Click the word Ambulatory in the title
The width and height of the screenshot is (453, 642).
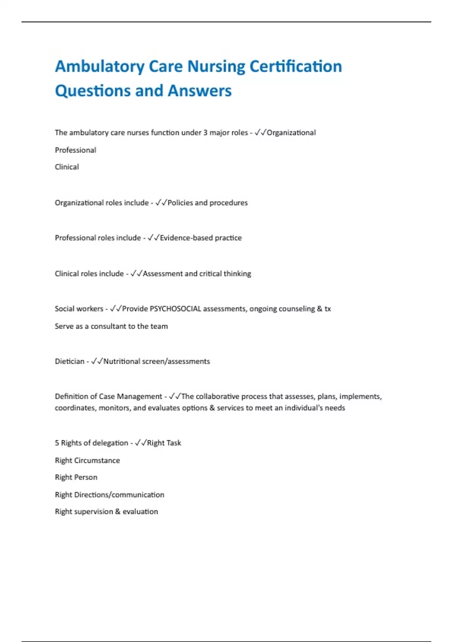pyautogui.click(x=100, y=67)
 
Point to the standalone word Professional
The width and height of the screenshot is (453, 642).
pyautogui.click(x=75, y=150)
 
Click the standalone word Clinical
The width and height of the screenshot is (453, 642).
pyautogui.click(x=67, y=167)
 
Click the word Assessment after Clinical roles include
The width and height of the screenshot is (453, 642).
pyautogui.click(x=163, y=273)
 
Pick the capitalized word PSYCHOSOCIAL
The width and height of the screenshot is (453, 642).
pyautogui.click(x=176, y=309)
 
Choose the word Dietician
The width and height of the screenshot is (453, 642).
pyautogui.click(x=69, y=361)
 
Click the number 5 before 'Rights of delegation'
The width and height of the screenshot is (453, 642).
pyautogui.click(x=57, y=443)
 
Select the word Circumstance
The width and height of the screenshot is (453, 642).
pyautogui.click(x=97, y=460)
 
